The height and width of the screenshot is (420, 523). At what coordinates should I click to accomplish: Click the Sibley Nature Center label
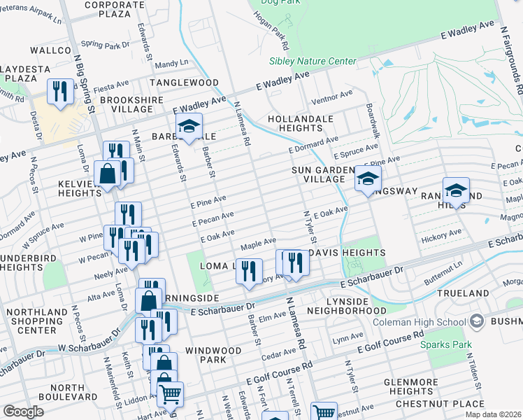pos(313,61)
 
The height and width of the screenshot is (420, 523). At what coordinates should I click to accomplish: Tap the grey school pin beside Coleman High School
pos(478,322)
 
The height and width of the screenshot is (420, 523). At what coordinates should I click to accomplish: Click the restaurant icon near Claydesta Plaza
pos(58,92)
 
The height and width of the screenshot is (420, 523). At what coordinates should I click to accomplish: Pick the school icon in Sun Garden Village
pos(368,179)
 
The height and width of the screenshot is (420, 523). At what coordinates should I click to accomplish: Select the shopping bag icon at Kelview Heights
pos(108,174)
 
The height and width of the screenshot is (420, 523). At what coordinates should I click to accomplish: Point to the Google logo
pos(23,412)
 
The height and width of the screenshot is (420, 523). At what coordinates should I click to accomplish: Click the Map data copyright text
pos(493,414)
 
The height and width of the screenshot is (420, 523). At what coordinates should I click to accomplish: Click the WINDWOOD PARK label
pos(213,354)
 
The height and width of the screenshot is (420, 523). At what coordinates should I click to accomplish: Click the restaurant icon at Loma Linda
pos(248,270)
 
